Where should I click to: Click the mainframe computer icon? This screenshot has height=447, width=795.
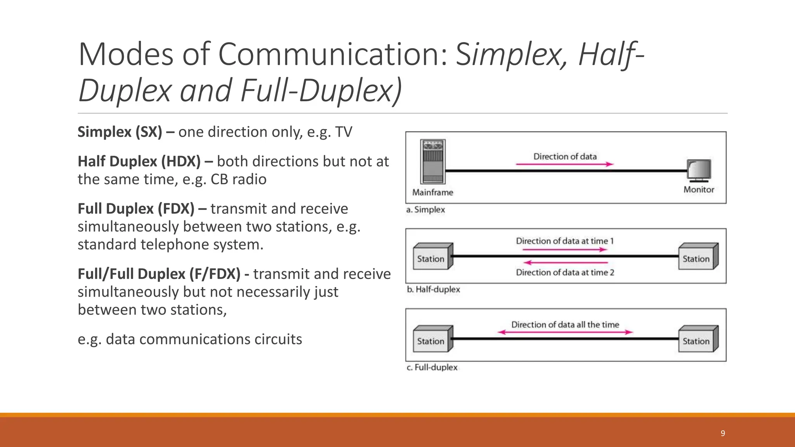tap(433, 161)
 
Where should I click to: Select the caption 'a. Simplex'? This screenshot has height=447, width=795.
tap(425, 210)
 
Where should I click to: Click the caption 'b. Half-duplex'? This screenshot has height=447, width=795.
tap(433, 289)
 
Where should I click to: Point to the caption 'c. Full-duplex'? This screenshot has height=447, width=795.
tap(432, 367)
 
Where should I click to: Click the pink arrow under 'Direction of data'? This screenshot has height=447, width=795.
tap(564, 165)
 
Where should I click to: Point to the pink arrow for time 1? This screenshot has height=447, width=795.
tap(562, 249)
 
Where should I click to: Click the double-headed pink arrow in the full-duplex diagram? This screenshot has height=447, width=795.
tap(565, 332)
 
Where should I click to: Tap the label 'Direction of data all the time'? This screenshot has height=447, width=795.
tap(565, 324)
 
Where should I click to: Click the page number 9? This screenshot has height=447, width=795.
tap(723, 433)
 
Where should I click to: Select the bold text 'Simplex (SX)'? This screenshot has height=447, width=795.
tap(120, 132)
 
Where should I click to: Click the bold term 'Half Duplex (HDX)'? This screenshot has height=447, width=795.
tap(139, 161)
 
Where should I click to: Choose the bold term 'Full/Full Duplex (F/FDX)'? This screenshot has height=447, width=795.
tap(159, 274)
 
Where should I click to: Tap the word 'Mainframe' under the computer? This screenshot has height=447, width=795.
tap(432, 192)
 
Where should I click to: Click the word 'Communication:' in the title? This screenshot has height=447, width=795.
tap(333, 54)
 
